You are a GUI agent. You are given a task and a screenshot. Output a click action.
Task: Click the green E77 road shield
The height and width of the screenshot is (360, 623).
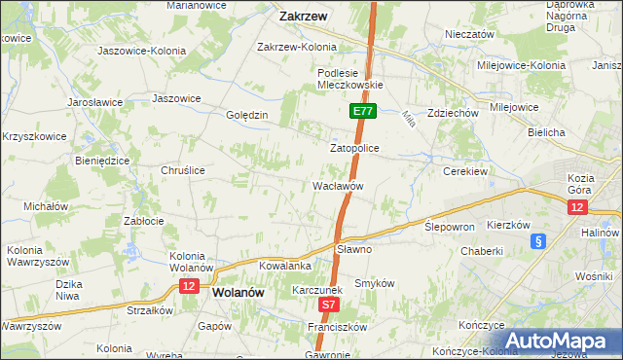362,113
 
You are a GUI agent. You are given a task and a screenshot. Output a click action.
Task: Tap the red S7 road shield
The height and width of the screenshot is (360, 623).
329,306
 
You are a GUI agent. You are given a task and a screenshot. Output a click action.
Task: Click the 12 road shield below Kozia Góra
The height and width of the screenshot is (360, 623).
577,208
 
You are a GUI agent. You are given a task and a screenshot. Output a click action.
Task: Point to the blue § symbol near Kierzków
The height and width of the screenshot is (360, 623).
538,239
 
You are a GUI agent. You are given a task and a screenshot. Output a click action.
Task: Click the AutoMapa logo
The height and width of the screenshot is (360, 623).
562,341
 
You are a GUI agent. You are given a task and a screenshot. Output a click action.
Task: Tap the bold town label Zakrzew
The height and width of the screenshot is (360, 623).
303,17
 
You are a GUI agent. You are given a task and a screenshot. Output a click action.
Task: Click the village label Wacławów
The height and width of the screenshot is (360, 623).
338,185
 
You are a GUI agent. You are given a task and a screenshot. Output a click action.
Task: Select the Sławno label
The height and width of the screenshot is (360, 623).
354,249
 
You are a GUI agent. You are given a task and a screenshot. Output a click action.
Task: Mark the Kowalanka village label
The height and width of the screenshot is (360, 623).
284,265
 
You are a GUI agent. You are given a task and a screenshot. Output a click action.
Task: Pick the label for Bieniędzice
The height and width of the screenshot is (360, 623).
103,160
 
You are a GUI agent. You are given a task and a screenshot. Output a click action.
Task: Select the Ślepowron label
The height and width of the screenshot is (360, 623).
449,226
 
